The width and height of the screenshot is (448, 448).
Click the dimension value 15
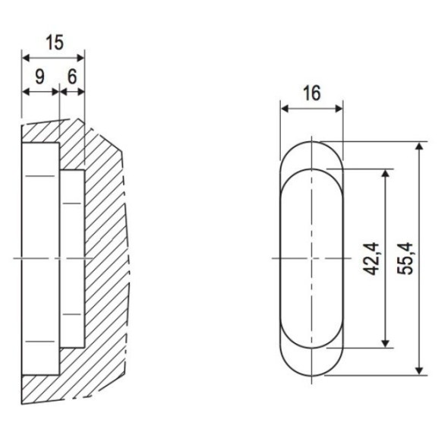(55, 43)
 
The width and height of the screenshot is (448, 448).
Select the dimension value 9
(40, 77)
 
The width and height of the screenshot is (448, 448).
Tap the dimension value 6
(72, 77)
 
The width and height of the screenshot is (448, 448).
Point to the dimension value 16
(312, 93)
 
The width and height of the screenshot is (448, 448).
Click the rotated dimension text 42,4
(372, 259)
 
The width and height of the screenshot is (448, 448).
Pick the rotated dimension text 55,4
(405, 259)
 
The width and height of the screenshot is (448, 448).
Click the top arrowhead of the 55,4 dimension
(419, 146)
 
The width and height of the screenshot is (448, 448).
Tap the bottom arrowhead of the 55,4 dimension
(419, 371)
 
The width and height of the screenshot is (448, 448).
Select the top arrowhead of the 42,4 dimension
(386, 173)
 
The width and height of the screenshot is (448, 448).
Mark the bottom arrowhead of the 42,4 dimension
(386, 344)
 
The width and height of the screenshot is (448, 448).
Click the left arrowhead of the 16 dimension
(285, 109)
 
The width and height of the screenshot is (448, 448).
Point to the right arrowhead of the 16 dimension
(339, 109)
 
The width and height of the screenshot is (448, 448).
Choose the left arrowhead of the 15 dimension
(26, 58)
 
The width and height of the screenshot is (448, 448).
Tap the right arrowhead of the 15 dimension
(80, 58)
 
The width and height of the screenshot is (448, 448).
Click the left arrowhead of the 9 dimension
(26, 92)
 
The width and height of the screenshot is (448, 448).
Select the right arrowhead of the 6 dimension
(80, 92)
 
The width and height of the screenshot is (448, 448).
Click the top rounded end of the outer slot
(312, 142)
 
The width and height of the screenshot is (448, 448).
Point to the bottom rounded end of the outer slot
(312, 375)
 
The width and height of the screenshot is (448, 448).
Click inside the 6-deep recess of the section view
(72, 259)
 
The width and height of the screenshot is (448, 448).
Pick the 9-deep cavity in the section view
(40, 259)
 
